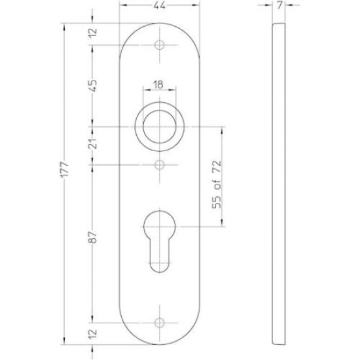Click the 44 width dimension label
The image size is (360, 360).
tap(159, 5)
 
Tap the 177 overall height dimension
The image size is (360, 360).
tap(65, 170)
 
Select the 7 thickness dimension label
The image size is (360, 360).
tap(279, 5)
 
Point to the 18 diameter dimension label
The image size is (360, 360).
tap(158, 84)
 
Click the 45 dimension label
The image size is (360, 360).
tap(93, 86)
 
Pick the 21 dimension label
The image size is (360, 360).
tap(93, 144)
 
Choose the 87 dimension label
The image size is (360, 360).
tap(93, 237)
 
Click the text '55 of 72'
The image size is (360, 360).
tap(217, 185)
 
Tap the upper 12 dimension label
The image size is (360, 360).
tap(93, 33)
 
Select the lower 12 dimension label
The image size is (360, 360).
tap(93, 334)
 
